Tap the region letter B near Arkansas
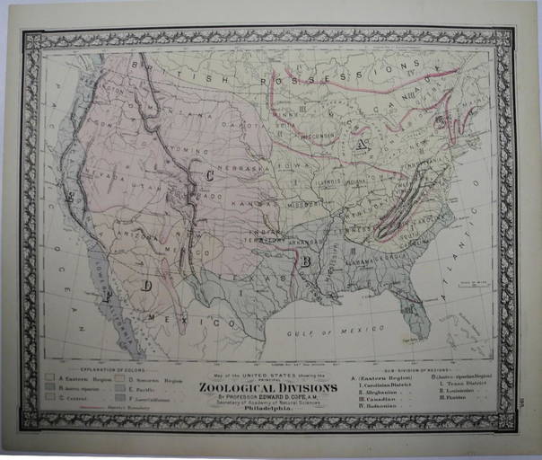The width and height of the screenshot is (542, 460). pos(306,262)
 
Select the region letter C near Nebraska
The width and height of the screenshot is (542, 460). pos(209,174)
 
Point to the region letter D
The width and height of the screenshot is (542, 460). pos(146,286)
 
